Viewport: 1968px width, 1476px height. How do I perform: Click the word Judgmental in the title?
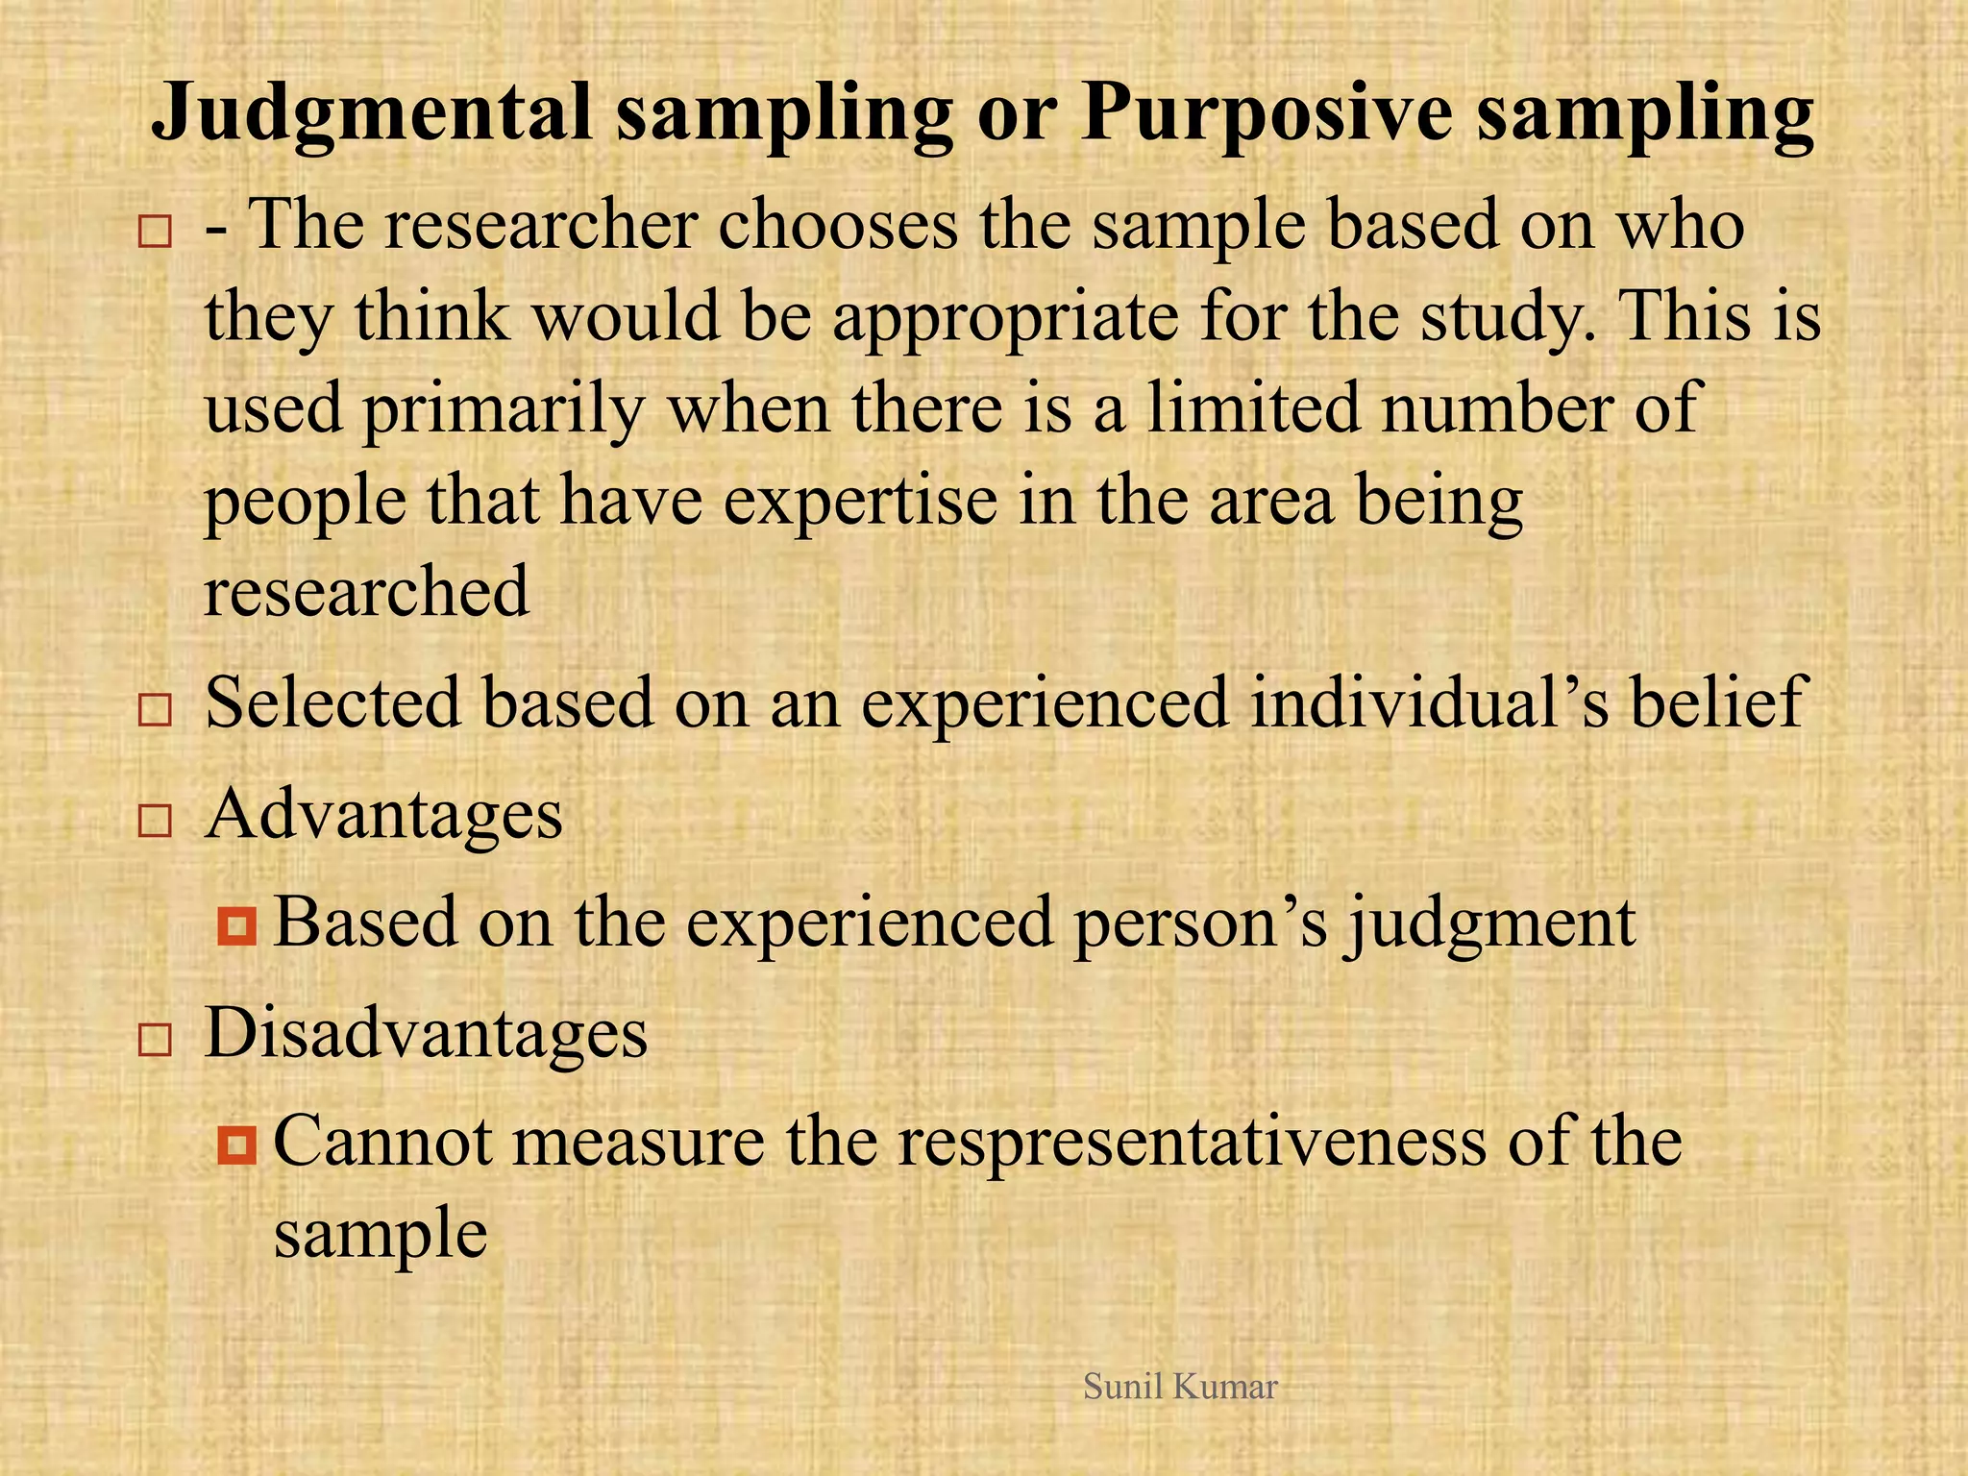[372, 113]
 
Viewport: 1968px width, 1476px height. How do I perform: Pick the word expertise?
[860, 502]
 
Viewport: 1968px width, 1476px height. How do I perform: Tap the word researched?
[366, 592]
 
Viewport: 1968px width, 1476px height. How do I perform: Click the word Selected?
[332, 702]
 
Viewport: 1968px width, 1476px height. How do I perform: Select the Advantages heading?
[383, 815]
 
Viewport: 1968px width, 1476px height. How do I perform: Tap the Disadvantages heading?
[426, 1034]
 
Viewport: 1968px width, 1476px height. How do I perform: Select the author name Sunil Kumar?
[1180, 1387]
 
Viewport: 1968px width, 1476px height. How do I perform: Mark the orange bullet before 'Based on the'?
[236, 926]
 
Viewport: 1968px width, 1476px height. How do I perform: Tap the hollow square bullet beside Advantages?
[155, 822]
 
